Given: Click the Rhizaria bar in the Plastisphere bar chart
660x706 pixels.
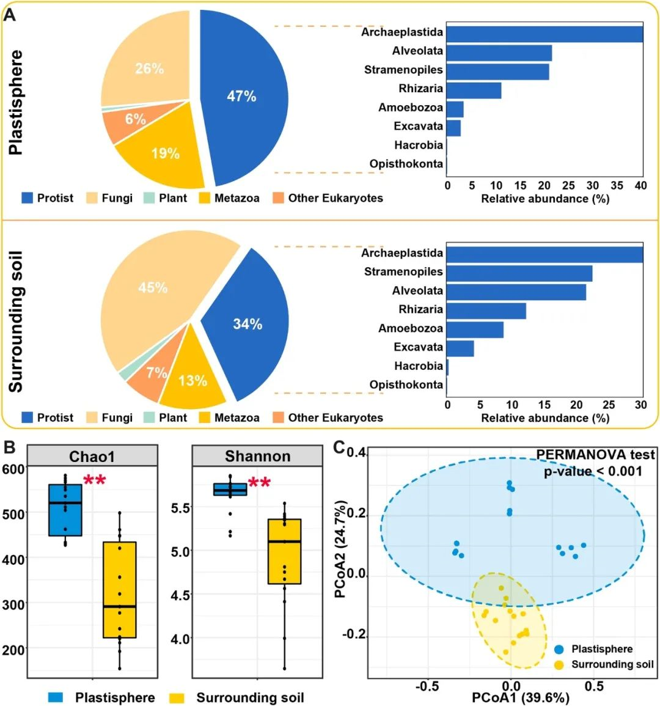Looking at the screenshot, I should click(474, 90).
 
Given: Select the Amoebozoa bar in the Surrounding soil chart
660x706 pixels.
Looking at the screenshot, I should click(475, 329).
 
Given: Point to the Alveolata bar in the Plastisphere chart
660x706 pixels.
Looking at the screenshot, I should click(499, 53).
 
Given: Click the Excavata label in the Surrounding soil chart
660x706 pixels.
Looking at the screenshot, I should click(418, 347).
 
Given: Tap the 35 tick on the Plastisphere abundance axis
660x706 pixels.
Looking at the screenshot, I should click(617, 185).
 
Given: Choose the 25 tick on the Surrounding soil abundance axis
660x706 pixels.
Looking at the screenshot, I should click(609, 405).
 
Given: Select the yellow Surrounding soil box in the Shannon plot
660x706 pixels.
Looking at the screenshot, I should click(285, 551).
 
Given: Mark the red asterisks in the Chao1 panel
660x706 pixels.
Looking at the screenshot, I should click(95, 480).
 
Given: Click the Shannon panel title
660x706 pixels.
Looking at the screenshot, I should click(257, 456).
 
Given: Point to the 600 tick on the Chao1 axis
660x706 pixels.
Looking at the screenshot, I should click(13, 469).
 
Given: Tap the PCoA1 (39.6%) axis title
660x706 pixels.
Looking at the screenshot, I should click(520, 697).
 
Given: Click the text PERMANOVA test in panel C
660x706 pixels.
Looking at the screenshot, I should click(595, 455).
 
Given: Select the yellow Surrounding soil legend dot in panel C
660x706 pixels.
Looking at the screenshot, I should click(559, 665).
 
